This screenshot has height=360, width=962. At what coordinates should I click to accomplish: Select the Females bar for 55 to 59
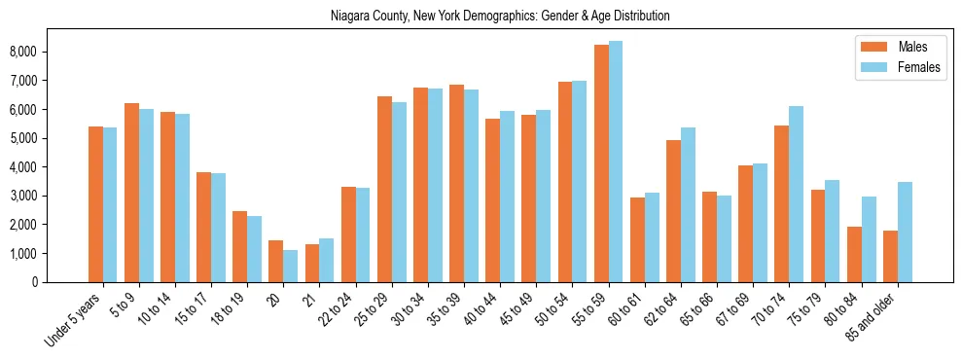point(616,162)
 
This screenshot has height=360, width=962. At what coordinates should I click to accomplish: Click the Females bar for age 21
point(327,260)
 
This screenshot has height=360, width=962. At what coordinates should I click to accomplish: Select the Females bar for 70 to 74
point(797,194)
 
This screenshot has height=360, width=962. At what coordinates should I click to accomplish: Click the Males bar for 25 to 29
point(384,189)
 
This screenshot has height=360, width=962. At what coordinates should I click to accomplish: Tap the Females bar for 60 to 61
point(652,237)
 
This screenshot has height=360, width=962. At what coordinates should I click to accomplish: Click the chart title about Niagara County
point(500,17)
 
